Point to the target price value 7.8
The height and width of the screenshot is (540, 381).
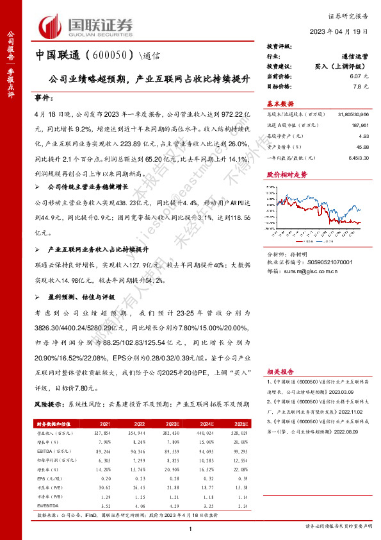(357, 86)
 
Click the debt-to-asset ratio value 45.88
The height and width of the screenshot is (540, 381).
(363, 148)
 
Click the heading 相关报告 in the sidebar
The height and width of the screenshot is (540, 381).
(280, 371)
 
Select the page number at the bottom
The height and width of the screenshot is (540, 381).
(191, 528)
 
